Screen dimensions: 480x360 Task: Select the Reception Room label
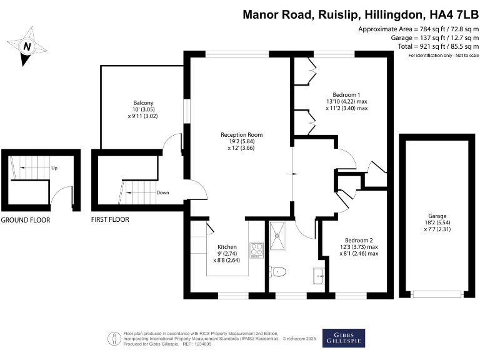pyautogui.click(x=241, y=134)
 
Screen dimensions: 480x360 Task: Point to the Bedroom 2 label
pyautogui.click(x=361, y=240)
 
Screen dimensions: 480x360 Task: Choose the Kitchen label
pyautogui.click(x=227, y=247)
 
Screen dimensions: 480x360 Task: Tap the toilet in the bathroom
pyautogui.click(x=279, y=271)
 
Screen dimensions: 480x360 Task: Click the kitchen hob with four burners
pyautogui.click(x=256, y=251)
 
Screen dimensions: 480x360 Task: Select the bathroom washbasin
pyautogui.click(x=318, y=274)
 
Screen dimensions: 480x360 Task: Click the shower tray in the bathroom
pyautogui.click(x=277, y=232)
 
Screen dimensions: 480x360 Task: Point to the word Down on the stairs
pyautogui.click(x=164, y=192)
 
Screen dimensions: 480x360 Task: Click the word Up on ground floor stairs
pyautogui.click(x=55, y=168)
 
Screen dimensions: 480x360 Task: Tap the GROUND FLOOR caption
pyautogui.click(x=25, y=220)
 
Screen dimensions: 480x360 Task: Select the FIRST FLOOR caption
pyautogui.click(x=109, y=220)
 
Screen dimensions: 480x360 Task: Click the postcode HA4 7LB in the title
pyautogui.click(x=449, y=15)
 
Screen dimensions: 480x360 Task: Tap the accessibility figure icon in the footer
pyautogui.click(x=114, y=339)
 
